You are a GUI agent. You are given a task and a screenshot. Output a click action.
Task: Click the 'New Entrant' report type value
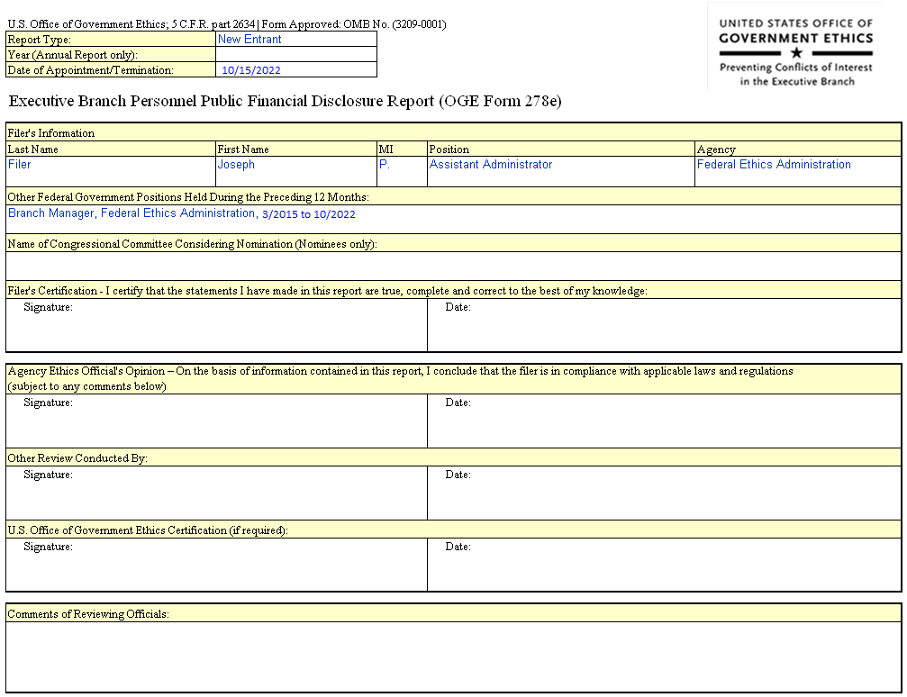[249, 40]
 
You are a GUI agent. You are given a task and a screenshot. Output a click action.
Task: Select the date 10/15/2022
[251, 70]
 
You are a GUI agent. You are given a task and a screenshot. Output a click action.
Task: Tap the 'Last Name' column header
[33, 149]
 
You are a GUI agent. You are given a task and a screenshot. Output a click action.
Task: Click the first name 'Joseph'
[236, 165]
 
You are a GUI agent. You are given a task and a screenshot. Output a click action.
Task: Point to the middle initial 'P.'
[385, 165]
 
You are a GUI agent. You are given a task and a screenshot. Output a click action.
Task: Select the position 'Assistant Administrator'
[491, 165]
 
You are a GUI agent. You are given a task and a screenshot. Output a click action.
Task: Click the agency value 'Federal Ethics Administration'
[774, 165]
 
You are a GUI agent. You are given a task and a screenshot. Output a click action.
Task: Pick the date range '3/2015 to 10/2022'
[308, 214]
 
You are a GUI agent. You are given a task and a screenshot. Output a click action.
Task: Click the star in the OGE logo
[795, 53]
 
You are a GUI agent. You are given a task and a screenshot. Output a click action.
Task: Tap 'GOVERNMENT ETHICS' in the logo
[795, 39]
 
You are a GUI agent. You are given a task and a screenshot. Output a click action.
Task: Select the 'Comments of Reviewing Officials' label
[88, 614]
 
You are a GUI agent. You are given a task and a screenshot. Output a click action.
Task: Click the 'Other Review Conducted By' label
[77, 458]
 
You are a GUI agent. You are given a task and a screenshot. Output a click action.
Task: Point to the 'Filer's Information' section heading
[51, 133]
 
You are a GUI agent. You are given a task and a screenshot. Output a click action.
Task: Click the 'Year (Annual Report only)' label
[73, 55]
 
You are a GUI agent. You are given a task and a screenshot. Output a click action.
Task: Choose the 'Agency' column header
[716, 149]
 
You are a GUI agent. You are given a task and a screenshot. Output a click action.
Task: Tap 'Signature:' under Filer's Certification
[48, 308]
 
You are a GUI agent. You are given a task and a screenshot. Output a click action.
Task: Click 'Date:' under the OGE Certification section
[458, 547]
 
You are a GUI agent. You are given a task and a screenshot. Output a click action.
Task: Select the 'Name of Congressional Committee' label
[192, 244]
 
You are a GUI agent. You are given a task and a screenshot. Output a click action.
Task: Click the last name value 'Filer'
[19, 165]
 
